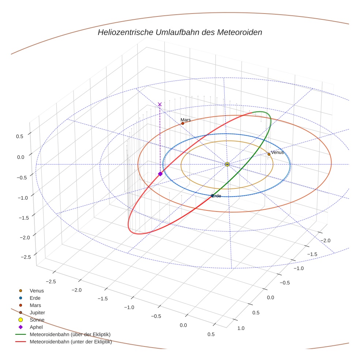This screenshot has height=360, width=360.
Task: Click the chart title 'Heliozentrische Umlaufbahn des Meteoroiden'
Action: [x=180, y=32]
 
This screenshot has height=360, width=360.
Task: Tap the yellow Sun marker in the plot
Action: [x=227, y=164]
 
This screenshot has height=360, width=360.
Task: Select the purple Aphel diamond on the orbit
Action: [x=160, y=174]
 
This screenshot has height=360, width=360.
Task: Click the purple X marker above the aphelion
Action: [x=160, y=104]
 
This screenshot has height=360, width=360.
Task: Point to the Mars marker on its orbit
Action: [x=183, y=123]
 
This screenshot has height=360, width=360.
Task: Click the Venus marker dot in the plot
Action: [x=269, y=154]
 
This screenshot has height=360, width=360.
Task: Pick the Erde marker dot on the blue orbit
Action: [x=212, y=196]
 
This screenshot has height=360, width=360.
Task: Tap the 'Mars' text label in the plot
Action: [x=185, y=120]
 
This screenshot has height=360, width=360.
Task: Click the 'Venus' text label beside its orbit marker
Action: [x=277, y=152]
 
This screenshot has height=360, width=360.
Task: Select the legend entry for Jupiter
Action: [x=37, y=312]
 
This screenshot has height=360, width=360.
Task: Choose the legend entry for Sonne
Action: [x=37, y=320]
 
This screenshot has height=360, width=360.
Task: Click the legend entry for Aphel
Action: [x=36, y=327]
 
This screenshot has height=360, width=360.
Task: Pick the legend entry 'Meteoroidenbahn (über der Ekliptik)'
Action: [x=70, y=334]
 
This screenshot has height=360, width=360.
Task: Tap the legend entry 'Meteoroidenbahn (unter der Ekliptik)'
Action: [x=71, y=342]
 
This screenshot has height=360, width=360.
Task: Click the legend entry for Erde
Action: [x=35, y=298]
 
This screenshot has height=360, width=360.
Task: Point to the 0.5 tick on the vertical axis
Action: [x=20, y=136]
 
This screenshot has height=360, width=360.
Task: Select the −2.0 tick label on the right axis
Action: [x=325, y=240]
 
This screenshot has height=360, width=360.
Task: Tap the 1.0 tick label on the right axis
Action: [x=241, y=328]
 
